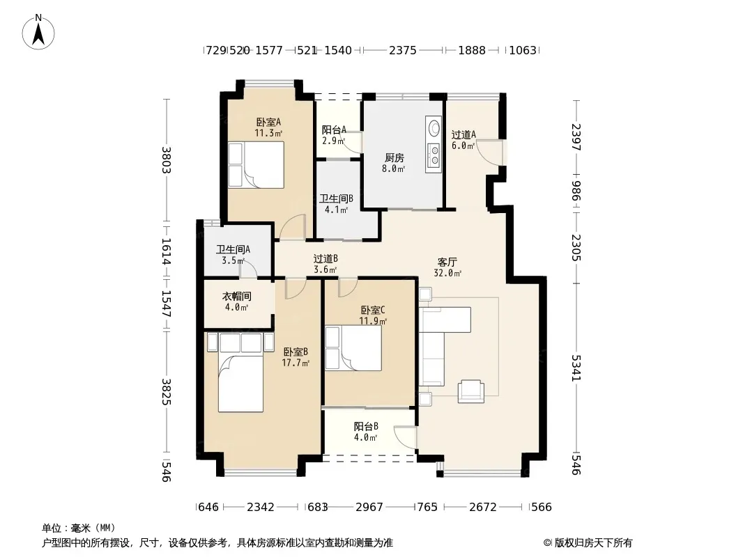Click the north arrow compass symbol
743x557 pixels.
coord(38,32)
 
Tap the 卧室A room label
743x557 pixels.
coord(268,122)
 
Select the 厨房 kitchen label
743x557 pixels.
coord(394,157)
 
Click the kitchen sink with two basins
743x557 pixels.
coord(433,155)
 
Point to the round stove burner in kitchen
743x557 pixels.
coord(433,128)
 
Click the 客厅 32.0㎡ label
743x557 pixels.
coord(447,267)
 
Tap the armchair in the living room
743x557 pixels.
coord(471,391)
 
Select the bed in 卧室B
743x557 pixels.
coord(240,372)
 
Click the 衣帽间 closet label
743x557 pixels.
coord(236,297)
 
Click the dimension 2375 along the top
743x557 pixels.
coord(403,50)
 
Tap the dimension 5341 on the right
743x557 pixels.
coord(576,368)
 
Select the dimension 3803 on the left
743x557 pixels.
coord(167,160)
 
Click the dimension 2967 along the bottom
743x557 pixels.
coord(369,508)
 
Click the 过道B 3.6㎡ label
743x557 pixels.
coord(325,264)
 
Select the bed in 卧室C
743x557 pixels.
coord(353,348)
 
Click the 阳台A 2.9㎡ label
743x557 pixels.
coord(334,135)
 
